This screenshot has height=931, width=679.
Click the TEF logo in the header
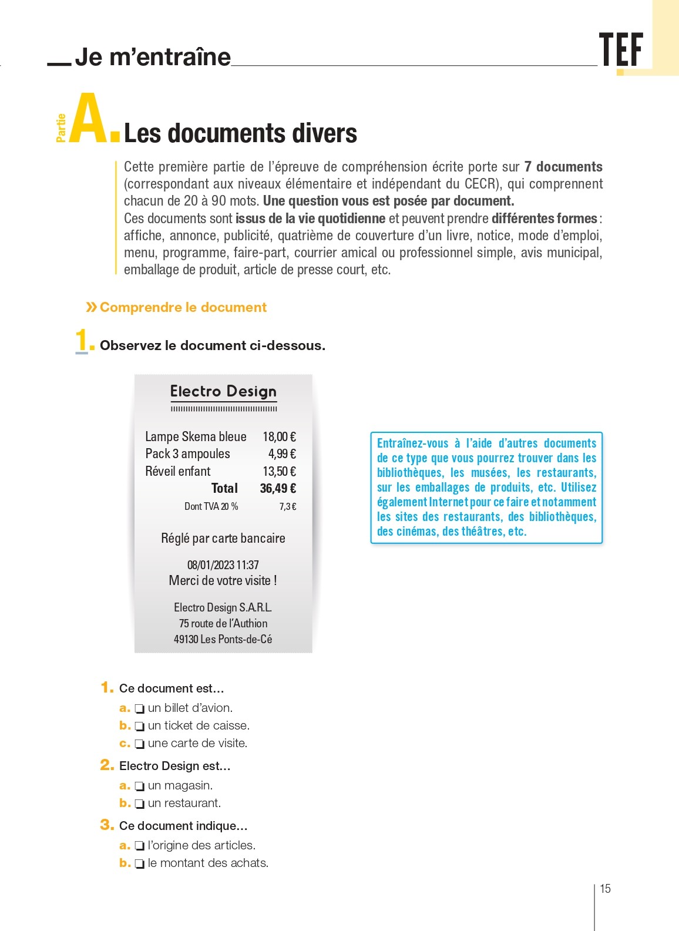click(x=621, y=50)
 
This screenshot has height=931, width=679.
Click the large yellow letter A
click(x=89, y=119)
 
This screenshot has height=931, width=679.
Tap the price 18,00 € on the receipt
click(x=279, y=436)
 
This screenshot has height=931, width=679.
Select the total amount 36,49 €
click(x=278, y=488)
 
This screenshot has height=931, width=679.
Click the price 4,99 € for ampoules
click(x=282, y=453)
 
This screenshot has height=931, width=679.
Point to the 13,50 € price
click(x=279, y=471)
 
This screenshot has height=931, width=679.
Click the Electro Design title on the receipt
click(x=223, y=391)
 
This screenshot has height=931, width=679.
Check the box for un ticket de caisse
click(x=140, y=726)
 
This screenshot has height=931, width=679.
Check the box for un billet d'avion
click(x=140, y=708)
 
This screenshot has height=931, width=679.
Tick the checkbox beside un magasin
click(x=140, y=786)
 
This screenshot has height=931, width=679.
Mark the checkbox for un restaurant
click(x=140, y=804)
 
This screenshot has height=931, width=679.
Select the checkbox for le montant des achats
click(x=140, y=863)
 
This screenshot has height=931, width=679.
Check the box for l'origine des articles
click(x=140, y=846)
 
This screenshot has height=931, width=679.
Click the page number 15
click(x=605, y=889)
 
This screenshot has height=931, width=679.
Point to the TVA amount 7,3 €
click(x=287, y=506)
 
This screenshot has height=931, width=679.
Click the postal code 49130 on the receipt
click(x=186, y=639)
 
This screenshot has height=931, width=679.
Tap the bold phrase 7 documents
click(x=563, y=167)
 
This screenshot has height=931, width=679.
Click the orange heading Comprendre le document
click(x=183, y=307)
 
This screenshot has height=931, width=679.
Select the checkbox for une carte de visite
click(x=140, y=744)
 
